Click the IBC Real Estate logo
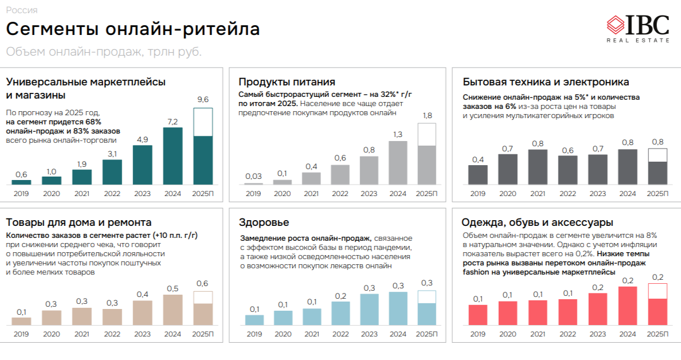point(637,28)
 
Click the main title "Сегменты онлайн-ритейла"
point(132,29)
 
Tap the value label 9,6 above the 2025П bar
point(203,100)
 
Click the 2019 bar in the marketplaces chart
point(21,182)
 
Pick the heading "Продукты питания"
point(287,82)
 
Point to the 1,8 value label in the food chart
point(427,116)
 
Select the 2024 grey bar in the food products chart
point(398,162)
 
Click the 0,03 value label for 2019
point(253,176)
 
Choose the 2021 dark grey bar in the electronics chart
point(538,166)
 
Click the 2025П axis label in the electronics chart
point(657,194)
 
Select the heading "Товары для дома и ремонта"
point(79,222)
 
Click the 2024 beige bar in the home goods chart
point(173,310)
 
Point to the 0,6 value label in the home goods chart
point(203,283)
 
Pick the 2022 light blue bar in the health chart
point(340,313)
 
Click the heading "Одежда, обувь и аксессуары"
point(538,222)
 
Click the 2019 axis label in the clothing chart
point(478,334)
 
